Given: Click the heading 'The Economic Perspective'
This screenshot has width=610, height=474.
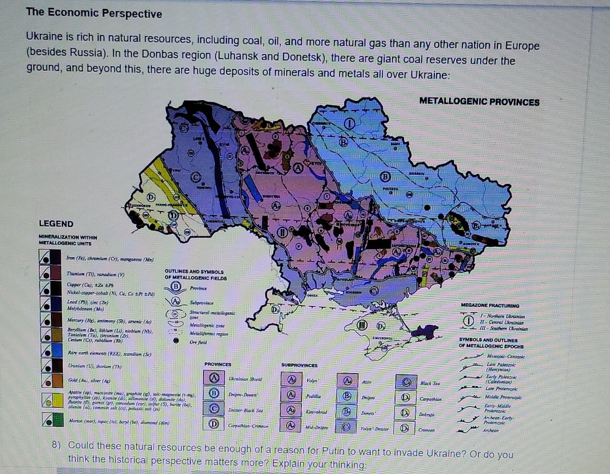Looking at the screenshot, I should click(94, 13).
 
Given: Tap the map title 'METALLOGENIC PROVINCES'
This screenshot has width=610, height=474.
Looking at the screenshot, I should click(479, 102).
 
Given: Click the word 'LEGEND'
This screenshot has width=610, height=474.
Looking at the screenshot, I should click(56, 224).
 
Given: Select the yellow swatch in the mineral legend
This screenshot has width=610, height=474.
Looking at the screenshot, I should click(56, 400).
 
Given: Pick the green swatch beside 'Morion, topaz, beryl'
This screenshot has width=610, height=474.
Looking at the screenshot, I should click(56, 420).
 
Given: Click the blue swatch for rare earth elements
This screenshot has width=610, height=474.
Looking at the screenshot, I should click(56, 350).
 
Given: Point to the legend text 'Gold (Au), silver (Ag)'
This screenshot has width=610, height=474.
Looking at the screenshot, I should click(89, 380).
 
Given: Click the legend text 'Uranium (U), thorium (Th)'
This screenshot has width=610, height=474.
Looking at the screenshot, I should click(95, 366).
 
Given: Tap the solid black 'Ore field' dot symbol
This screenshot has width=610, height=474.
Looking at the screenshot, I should click(176, 341).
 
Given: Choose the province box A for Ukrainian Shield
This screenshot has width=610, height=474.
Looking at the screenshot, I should click(214, 378).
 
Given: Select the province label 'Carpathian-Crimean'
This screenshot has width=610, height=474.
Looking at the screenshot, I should click(248, 426).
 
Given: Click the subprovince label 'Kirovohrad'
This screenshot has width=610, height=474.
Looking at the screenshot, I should click(316, 412).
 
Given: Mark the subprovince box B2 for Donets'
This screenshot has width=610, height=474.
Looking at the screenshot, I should click(347, 413).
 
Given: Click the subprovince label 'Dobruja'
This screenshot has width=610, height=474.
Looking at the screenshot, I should click(426, 414).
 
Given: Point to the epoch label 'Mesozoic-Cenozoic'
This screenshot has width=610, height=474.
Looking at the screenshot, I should click(506, 356).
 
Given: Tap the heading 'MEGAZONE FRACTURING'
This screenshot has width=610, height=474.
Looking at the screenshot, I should click(490, 305).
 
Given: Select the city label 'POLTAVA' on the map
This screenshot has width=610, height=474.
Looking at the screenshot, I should click(390, 189).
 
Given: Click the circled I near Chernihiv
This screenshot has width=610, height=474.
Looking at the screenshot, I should click(350, 124).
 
